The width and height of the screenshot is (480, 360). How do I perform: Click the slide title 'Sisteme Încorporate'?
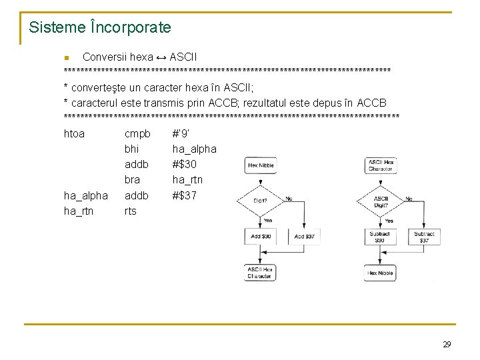pos(100,27)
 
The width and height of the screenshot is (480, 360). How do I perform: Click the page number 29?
pos(447,344)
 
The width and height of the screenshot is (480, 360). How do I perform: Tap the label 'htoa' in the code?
pos(74,133)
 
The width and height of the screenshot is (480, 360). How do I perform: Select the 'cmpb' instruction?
pos(137,133)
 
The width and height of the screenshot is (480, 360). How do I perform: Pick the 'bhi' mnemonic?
pos(131,149)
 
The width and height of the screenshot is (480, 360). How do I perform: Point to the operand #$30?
pos(185,164)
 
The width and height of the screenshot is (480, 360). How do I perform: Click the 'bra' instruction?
pos(132,179)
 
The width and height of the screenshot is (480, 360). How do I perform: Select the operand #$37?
pos(185,195)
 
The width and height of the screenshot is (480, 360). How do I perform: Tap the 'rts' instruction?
pos(130,211)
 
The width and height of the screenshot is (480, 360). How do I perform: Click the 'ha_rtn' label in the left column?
pos(79,211)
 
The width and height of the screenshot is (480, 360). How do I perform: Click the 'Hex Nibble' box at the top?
pos(261,165)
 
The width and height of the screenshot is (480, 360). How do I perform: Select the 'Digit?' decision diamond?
pos(261,200)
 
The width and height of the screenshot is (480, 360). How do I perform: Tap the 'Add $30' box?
pos(261,237)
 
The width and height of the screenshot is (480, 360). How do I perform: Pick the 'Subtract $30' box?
pos(379,237)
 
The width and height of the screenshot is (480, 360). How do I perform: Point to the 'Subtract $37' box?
pos(424,237)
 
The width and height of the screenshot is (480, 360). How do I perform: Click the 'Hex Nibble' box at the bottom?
pos(379,273)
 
